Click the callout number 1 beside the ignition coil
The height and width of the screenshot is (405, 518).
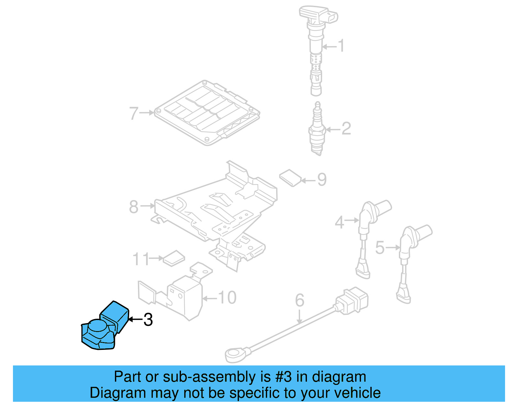341,46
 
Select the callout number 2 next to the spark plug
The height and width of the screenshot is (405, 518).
346,129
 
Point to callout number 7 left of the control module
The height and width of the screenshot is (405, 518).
134,113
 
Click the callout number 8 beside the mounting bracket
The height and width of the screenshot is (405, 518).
134,207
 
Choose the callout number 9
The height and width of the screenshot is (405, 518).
322,179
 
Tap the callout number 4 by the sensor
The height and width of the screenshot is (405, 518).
339,222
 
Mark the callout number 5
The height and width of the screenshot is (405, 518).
380,248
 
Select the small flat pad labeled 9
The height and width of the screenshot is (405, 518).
290,178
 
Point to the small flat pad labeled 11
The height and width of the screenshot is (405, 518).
174,258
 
